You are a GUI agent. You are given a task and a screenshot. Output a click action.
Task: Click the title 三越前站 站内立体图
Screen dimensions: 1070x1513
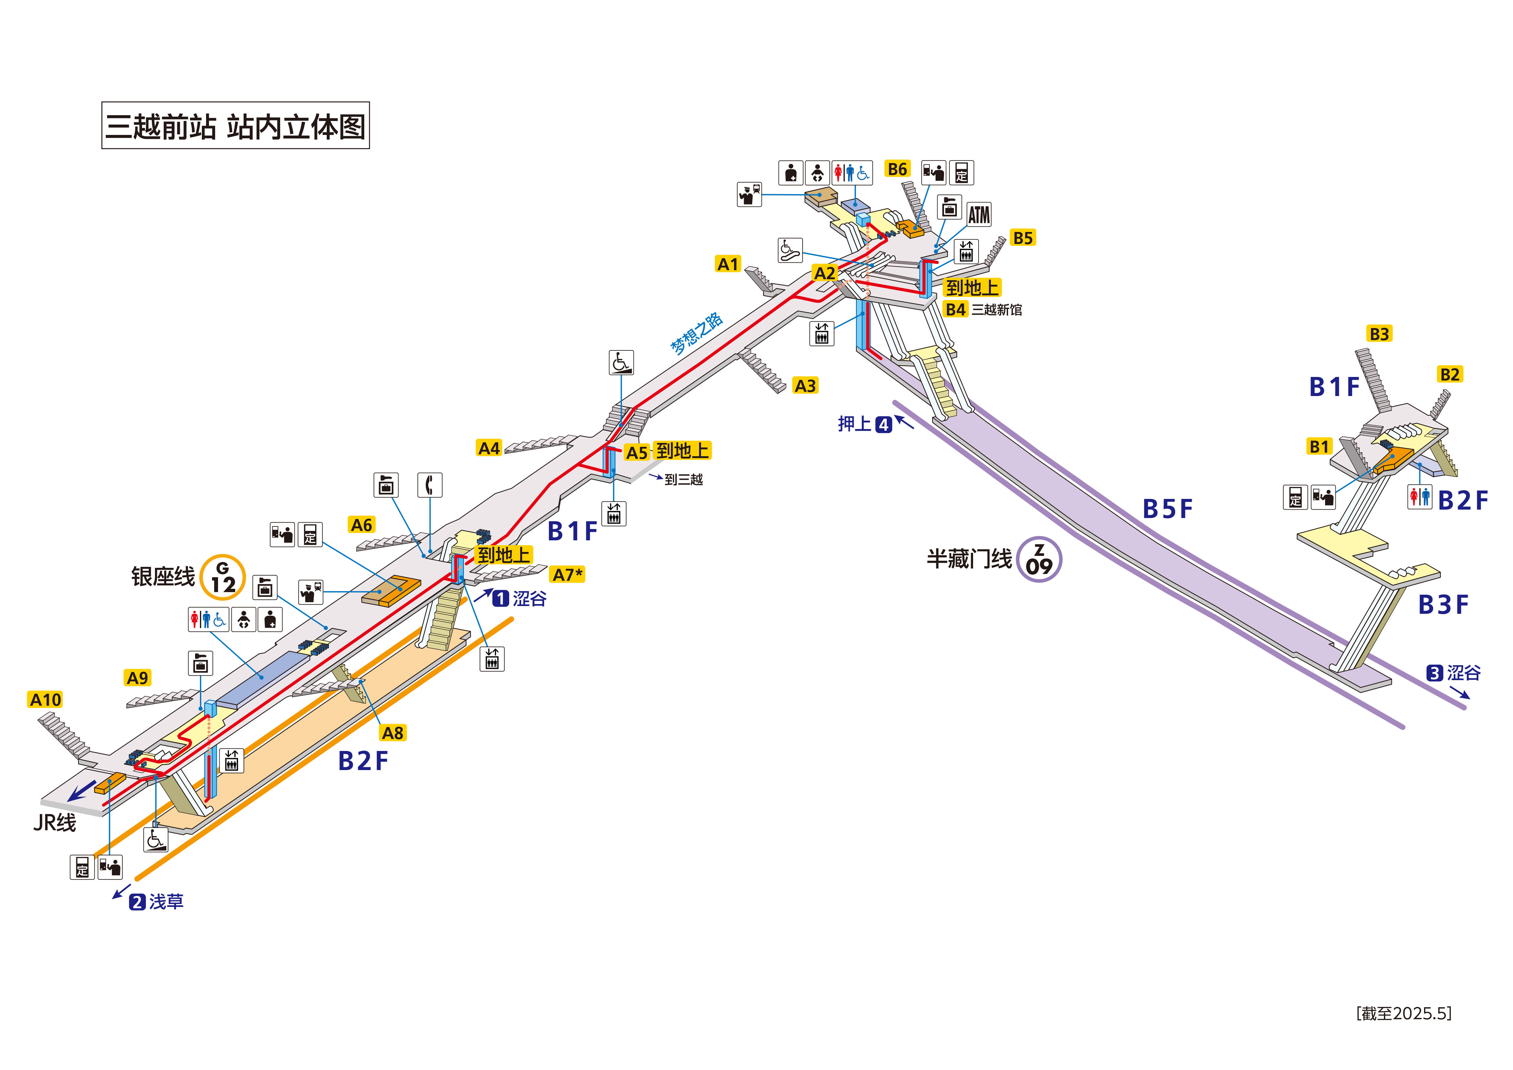coord(235,125)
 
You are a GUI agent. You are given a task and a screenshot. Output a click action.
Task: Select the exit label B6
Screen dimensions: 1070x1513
coord(897,170)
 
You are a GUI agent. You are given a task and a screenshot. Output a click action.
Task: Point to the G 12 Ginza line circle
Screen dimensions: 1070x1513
coord(223,578)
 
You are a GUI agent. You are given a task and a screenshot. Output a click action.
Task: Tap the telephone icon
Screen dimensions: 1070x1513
coord(430,485)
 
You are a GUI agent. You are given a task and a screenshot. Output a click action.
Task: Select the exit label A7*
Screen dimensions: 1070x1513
coord(567,575)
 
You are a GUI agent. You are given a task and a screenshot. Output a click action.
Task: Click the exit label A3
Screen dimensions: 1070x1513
coord(805,386)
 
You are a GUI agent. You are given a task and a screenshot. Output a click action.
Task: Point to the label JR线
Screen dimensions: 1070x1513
coord(55,823)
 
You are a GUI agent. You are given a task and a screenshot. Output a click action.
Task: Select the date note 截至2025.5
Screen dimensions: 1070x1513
coord(1404,1013)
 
